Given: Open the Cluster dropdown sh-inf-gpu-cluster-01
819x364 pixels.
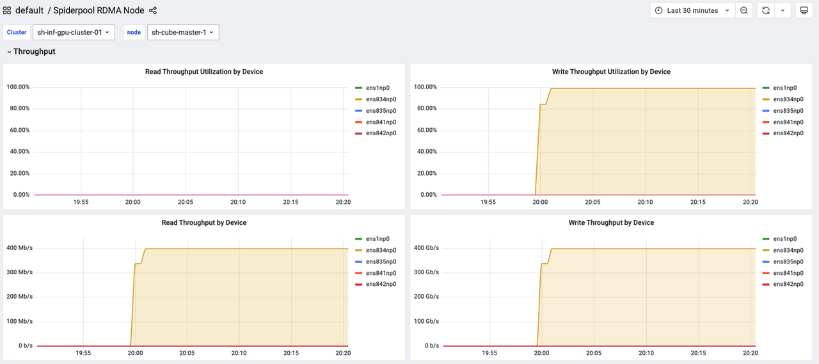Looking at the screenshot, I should point(74,33).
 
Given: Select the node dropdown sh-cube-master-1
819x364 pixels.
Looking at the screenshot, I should point(183,33).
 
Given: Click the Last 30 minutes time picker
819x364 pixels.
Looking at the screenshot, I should point(692,10).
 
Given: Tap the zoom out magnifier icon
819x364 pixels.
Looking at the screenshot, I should point(744,10).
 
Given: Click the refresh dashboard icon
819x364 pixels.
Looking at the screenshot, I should point(765,10).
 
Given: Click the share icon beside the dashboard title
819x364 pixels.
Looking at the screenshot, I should point(153,10).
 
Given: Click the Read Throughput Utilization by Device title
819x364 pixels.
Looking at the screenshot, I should point(204,72).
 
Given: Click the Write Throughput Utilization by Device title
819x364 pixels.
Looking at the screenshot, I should point(611,72).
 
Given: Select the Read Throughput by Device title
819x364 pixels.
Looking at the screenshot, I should point(204,222).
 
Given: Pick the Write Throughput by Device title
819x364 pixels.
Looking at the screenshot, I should point(611,222).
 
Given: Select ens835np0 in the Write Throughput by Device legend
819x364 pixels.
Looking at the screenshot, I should point(788,261).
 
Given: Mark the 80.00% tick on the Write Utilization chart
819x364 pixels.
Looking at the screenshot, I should point(425,108).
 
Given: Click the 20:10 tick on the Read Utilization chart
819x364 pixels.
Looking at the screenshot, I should point(238,202).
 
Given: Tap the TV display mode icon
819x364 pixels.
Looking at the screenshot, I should point(804,10).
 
